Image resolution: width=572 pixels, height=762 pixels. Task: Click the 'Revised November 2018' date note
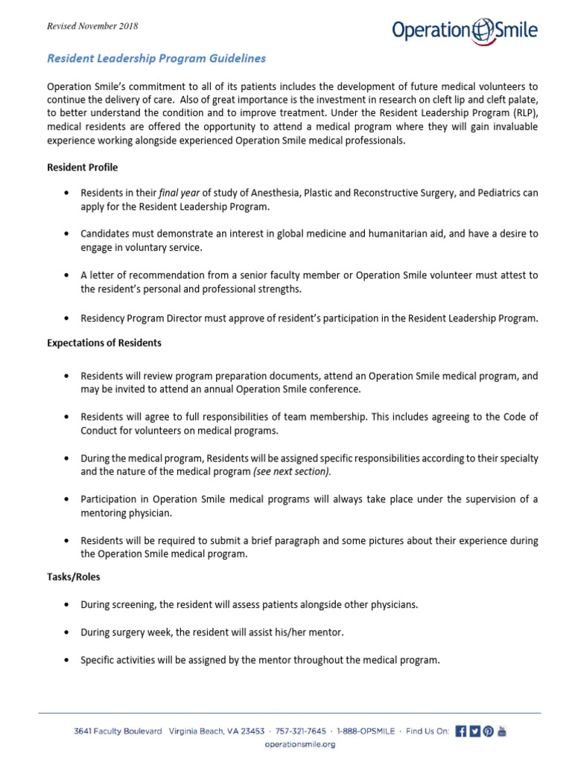click(92, 27)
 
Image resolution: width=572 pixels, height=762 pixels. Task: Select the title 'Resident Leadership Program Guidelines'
click(156, 57)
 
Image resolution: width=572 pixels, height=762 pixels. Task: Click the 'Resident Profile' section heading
click(82, 167)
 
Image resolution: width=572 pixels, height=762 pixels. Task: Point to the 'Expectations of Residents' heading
click(104, 343)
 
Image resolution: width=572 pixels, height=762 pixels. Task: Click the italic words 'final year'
click(177, 192)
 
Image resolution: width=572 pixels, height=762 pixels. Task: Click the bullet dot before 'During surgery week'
click(68, 633)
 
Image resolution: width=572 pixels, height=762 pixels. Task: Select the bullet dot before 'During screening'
click(68, 605)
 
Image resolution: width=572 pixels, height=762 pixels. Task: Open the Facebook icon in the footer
click(460, 731)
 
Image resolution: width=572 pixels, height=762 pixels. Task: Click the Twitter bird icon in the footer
click(474, 731)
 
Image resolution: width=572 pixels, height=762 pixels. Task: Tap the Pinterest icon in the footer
click(488, 731)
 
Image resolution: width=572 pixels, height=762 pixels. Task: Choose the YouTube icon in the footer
click(502, 731)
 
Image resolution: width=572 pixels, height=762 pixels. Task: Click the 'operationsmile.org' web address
click(300, 743)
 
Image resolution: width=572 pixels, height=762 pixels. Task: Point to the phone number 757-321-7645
click(302, 731)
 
